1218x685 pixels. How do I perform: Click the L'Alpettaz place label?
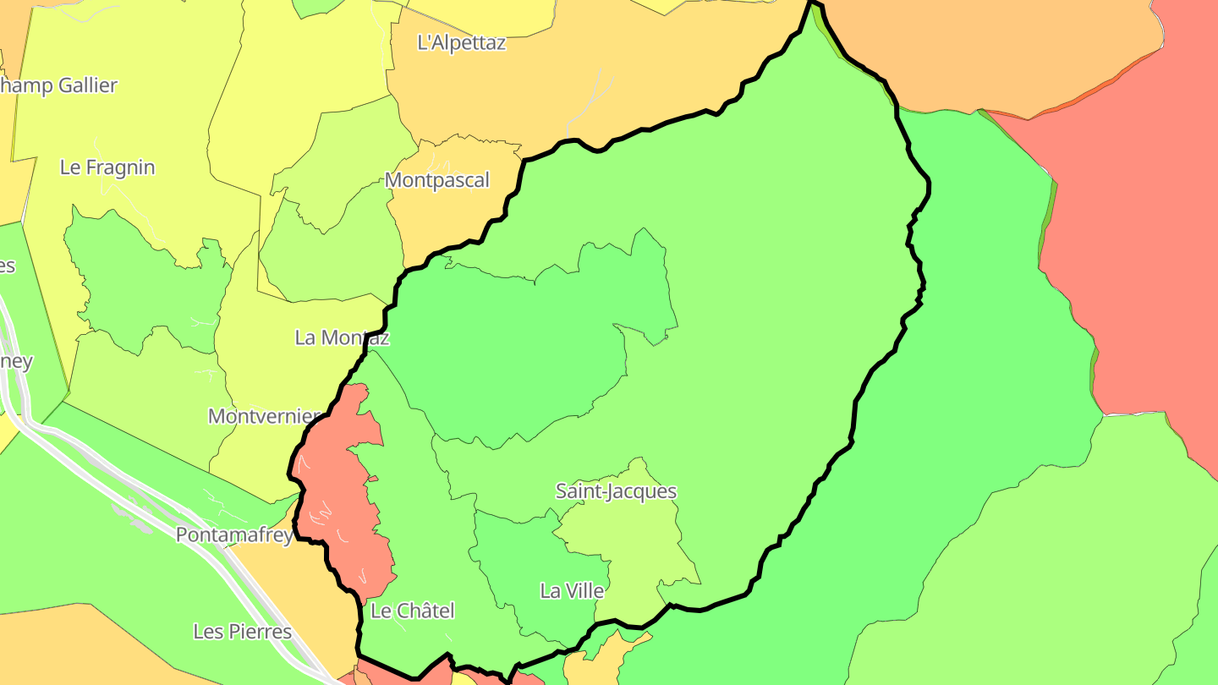coord(461,43)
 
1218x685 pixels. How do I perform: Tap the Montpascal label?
coord(436,180)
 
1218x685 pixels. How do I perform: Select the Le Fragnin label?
coord(107,167)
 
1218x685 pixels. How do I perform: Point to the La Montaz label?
coord(342,337)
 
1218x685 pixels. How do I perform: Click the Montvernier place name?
coord(264,416)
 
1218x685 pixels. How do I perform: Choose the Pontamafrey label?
coord(234,535)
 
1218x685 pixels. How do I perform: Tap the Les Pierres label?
coord(242,632)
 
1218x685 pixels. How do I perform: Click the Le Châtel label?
coord(413,611)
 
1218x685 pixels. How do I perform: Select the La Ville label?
coord(572,591)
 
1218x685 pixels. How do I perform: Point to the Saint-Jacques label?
coord(616,491)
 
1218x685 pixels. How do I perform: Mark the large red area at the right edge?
coord(1142,254)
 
